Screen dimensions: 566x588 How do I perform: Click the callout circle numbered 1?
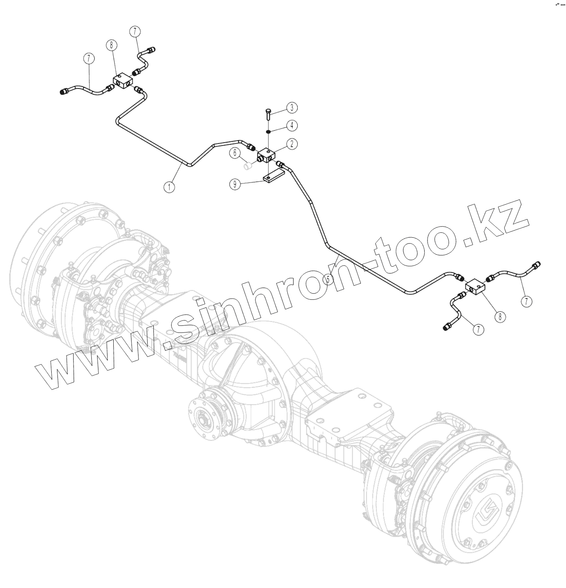coord(169,187)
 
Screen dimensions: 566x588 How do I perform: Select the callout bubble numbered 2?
coord(291,144)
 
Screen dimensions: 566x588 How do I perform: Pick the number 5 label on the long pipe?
coord(328,279)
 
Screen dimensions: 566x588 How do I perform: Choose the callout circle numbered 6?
coord(236,153)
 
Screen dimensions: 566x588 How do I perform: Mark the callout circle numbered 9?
coord(235,185)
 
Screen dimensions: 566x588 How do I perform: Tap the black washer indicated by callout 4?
coord(268,131)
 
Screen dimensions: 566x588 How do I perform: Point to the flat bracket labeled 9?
coord(271,178)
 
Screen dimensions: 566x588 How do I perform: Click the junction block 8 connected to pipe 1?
coord(122,81)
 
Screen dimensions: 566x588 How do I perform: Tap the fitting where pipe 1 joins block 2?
coord(251,147)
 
